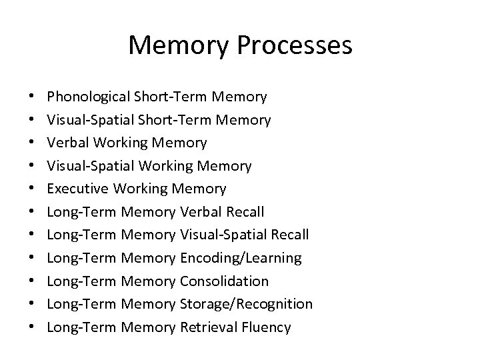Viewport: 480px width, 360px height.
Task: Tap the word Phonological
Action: click(89, 97)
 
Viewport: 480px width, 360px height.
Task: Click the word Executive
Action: click(79, 189)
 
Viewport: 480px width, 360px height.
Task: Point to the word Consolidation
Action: click(224, 281)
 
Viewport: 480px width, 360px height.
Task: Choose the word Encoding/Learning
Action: click(241, 258)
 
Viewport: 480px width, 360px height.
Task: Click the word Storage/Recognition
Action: click(246, 304)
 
